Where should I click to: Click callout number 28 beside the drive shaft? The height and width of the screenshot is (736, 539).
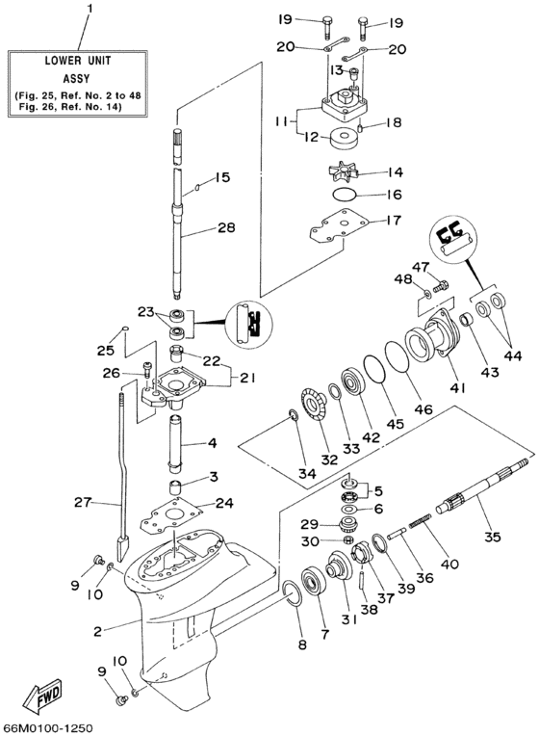click(x=225, y=229)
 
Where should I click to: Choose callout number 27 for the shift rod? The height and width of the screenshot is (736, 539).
click(x=84, y=502)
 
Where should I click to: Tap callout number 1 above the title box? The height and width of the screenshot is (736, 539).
click(x=91, y=11)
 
